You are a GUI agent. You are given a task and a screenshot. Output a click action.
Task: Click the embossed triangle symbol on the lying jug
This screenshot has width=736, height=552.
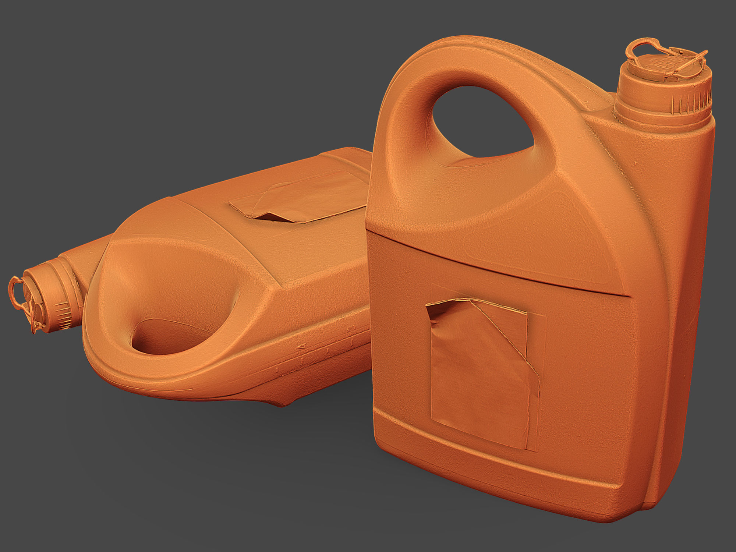[x=301, y=346]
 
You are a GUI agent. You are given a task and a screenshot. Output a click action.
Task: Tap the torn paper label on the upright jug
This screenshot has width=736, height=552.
[x=478, y=375]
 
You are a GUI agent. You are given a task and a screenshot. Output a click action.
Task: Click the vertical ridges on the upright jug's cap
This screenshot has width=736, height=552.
[x=684, y=101]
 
